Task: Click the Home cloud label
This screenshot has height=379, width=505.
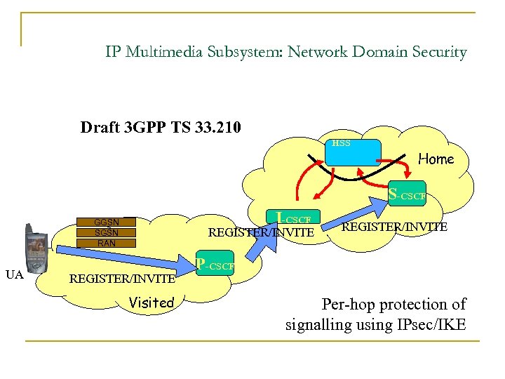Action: [x=436, y=159]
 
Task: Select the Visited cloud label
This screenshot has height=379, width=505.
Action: [x=151, y=302]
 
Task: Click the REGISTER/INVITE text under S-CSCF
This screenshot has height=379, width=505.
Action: [x=394, y=227]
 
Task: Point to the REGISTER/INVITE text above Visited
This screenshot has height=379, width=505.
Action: [x=122, y=279]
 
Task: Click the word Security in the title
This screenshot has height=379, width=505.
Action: [x=438, y=52]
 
